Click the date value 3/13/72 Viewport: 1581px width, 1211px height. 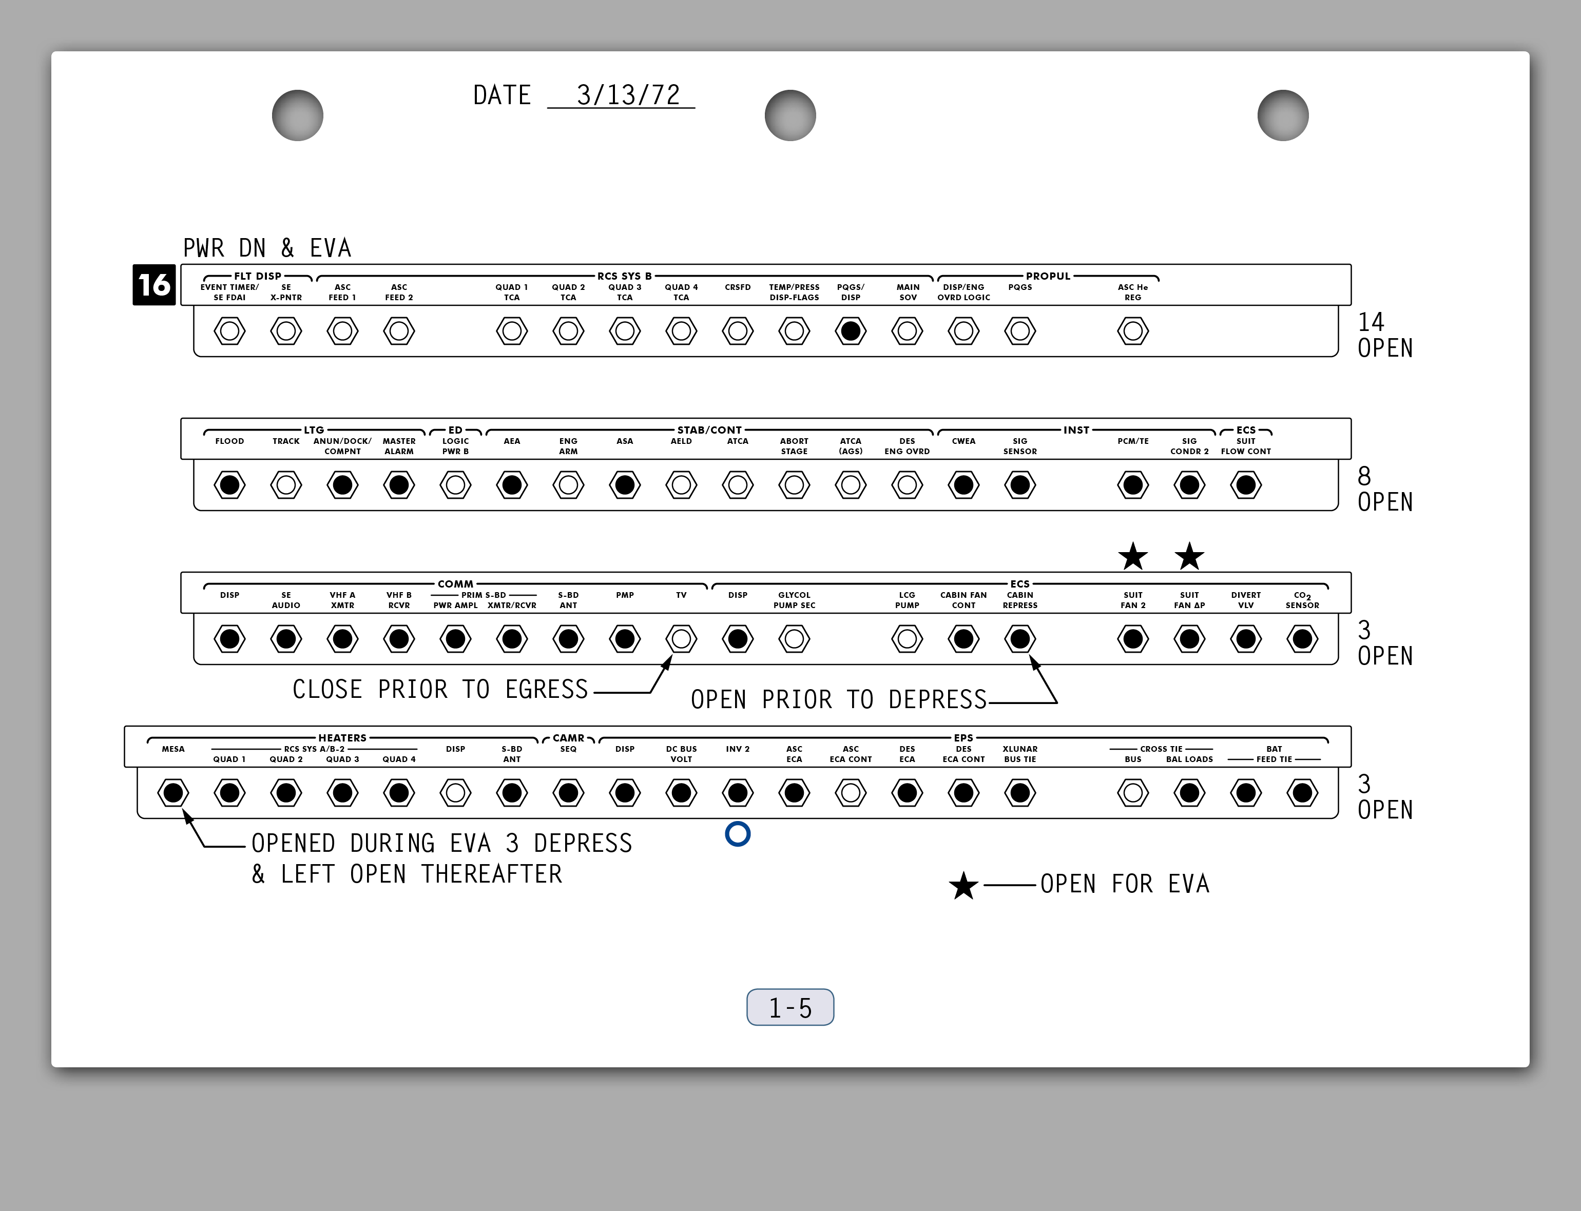628,95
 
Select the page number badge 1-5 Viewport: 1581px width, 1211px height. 790,1007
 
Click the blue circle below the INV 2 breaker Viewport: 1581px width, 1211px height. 738,834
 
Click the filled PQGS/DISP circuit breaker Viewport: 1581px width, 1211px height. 851,331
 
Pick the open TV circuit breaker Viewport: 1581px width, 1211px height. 681,639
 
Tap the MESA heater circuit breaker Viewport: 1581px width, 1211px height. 173,793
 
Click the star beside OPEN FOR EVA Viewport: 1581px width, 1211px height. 963,886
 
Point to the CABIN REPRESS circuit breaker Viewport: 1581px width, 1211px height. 1020,639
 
